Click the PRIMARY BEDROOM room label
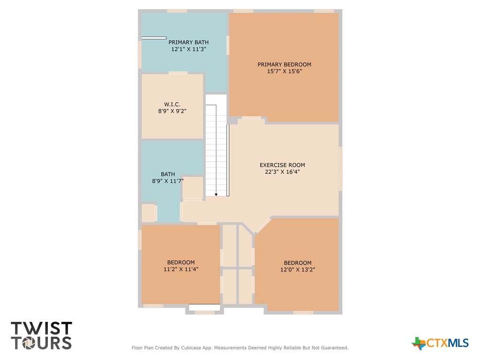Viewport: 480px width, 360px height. pos(285,65)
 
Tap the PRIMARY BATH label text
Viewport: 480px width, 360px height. pos(188,42)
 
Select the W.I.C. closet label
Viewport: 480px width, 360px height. pos(172,105)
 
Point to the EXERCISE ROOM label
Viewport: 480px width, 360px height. pos(282,165)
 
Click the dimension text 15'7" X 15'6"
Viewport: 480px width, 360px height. pos(285,71)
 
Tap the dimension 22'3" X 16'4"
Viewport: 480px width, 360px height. pos(282,172)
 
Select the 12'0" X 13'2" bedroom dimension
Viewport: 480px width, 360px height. pos(298,270)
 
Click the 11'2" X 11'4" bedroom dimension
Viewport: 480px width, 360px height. pos(181,269)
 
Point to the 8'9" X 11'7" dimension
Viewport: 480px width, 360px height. pos(168,181)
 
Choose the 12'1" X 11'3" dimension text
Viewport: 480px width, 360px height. pos(188,49)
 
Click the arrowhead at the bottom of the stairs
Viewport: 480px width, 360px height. pos(216,195)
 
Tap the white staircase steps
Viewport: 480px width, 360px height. pos(216,145)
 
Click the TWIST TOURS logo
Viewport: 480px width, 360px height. pos(41,336)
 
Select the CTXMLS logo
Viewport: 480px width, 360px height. pos(440,343)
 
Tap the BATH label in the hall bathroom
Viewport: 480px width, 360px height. pos(168,174)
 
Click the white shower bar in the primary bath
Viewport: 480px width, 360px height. pos(154,38)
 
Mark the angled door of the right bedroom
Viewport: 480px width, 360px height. pos(263,225)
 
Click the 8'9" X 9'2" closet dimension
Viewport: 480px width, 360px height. pos(172,111)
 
